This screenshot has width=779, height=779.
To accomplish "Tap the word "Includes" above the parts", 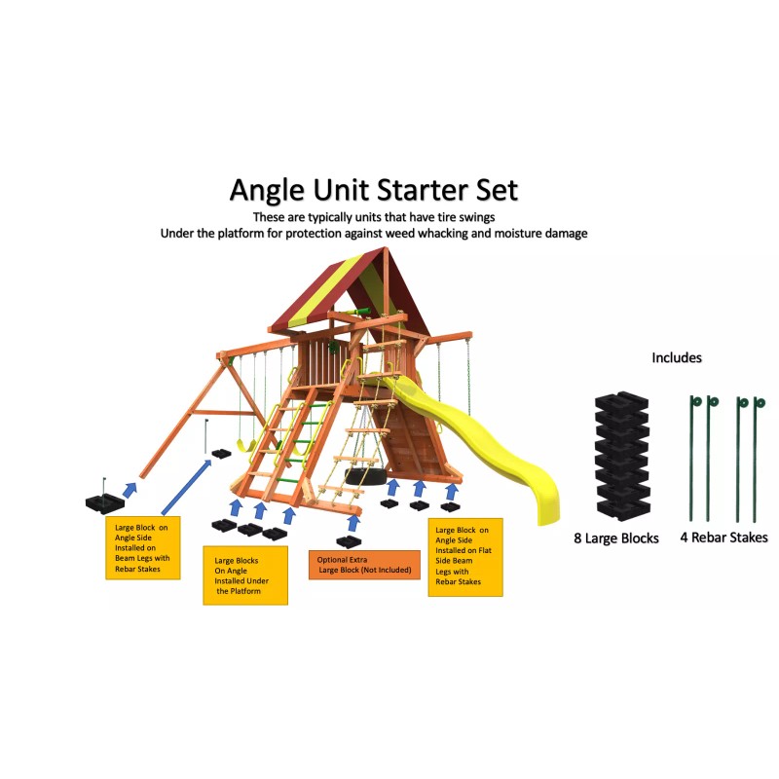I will tap(677, 357).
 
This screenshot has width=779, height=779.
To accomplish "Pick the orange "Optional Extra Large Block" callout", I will tap(363, 565).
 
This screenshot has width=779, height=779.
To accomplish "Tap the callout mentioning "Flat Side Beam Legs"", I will tap(464, 556).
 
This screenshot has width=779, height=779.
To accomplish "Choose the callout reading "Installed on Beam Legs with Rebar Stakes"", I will tap(142, 548).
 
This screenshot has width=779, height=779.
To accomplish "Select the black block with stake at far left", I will tap(105, 500).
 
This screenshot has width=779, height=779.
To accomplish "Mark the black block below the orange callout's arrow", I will tap(349, 540).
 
